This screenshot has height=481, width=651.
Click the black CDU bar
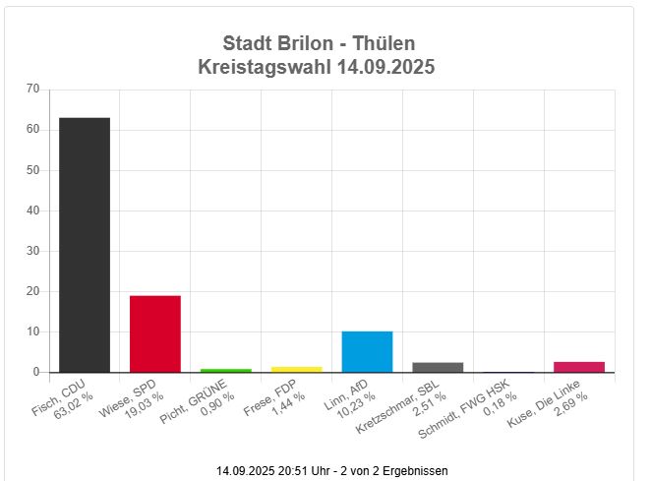(x=85, y=244)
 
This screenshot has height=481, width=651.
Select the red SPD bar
(x=155, y=333)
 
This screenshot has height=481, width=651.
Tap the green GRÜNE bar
(x=226, y=370)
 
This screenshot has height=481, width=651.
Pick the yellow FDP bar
(x=297, y=369)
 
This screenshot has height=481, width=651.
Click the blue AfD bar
(x=368, y=351)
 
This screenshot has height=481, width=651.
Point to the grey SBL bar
(x=439, y=367)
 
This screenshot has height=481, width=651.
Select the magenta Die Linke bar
(x=579, y=367)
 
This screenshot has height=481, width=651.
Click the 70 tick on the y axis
(x=32, y=90)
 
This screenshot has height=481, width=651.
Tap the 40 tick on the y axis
(x=32, y=210)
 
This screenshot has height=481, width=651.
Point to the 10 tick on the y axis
(x=32, y=331)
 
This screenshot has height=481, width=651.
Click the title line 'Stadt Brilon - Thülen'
(x=319, y=43)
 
